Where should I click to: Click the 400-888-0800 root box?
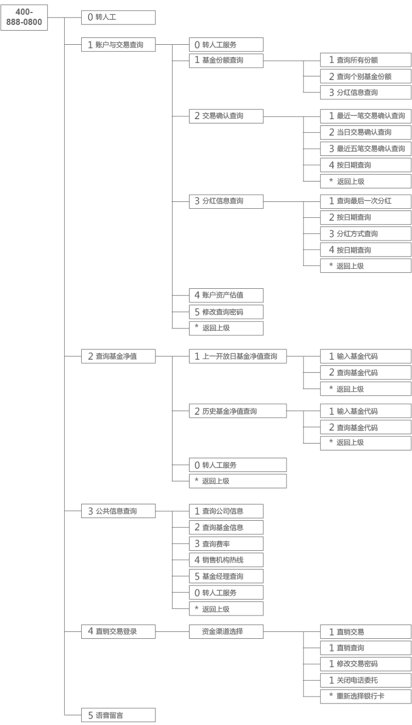click(24, 18)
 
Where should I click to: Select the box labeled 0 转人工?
click(118, 18)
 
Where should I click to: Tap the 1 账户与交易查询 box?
click(118, 45)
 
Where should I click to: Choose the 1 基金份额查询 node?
click(226, 61)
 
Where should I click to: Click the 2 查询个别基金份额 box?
click(365, 77)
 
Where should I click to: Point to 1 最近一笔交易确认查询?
click(365, 116)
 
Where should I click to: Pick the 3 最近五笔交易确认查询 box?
click(365, 149)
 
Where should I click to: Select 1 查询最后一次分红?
click(365, 201)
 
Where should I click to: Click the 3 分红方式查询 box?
click(365, 234)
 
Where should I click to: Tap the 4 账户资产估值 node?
click(226, 295)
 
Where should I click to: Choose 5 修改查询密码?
click(226, 312)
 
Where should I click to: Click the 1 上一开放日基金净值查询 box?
click(238, 356)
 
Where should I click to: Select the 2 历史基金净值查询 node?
click(238, 411)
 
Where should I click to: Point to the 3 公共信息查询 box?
click(118, 511)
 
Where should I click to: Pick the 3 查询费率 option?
click(226, 543)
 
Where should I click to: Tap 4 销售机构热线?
click(226, 560)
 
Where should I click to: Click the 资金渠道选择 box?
click(226, 631)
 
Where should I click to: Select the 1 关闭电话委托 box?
click(365, 680)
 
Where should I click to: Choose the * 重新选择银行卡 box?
click(365, 696)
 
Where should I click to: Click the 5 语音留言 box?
click(118, 715)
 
